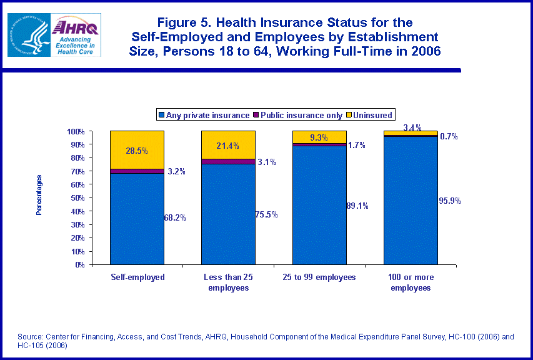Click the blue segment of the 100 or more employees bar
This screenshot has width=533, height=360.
click(x=411, y=200)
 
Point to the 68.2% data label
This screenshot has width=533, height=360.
click(x=174, y=217)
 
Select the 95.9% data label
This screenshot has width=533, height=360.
click(x=450, y=201)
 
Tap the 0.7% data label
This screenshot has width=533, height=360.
click(x=448, y=136)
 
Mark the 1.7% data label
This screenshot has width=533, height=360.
click(x=356, y=145)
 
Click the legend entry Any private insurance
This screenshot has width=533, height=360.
click(x=204, y=115)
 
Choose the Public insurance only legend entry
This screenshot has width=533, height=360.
click(x=301, y=115)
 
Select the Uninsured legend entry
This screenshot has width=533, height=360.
click(x=372, y=115)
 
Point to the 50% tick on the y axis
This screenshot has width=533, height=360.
click(x=76, y=198)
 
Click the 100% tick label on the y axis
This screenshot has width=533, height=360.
click(x=75, y=132)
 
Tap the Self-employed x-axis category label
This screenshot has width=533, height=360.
click(x=137, y=277)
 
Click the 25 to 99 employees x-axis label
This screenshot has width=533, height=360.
click(x=319, y=277)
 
